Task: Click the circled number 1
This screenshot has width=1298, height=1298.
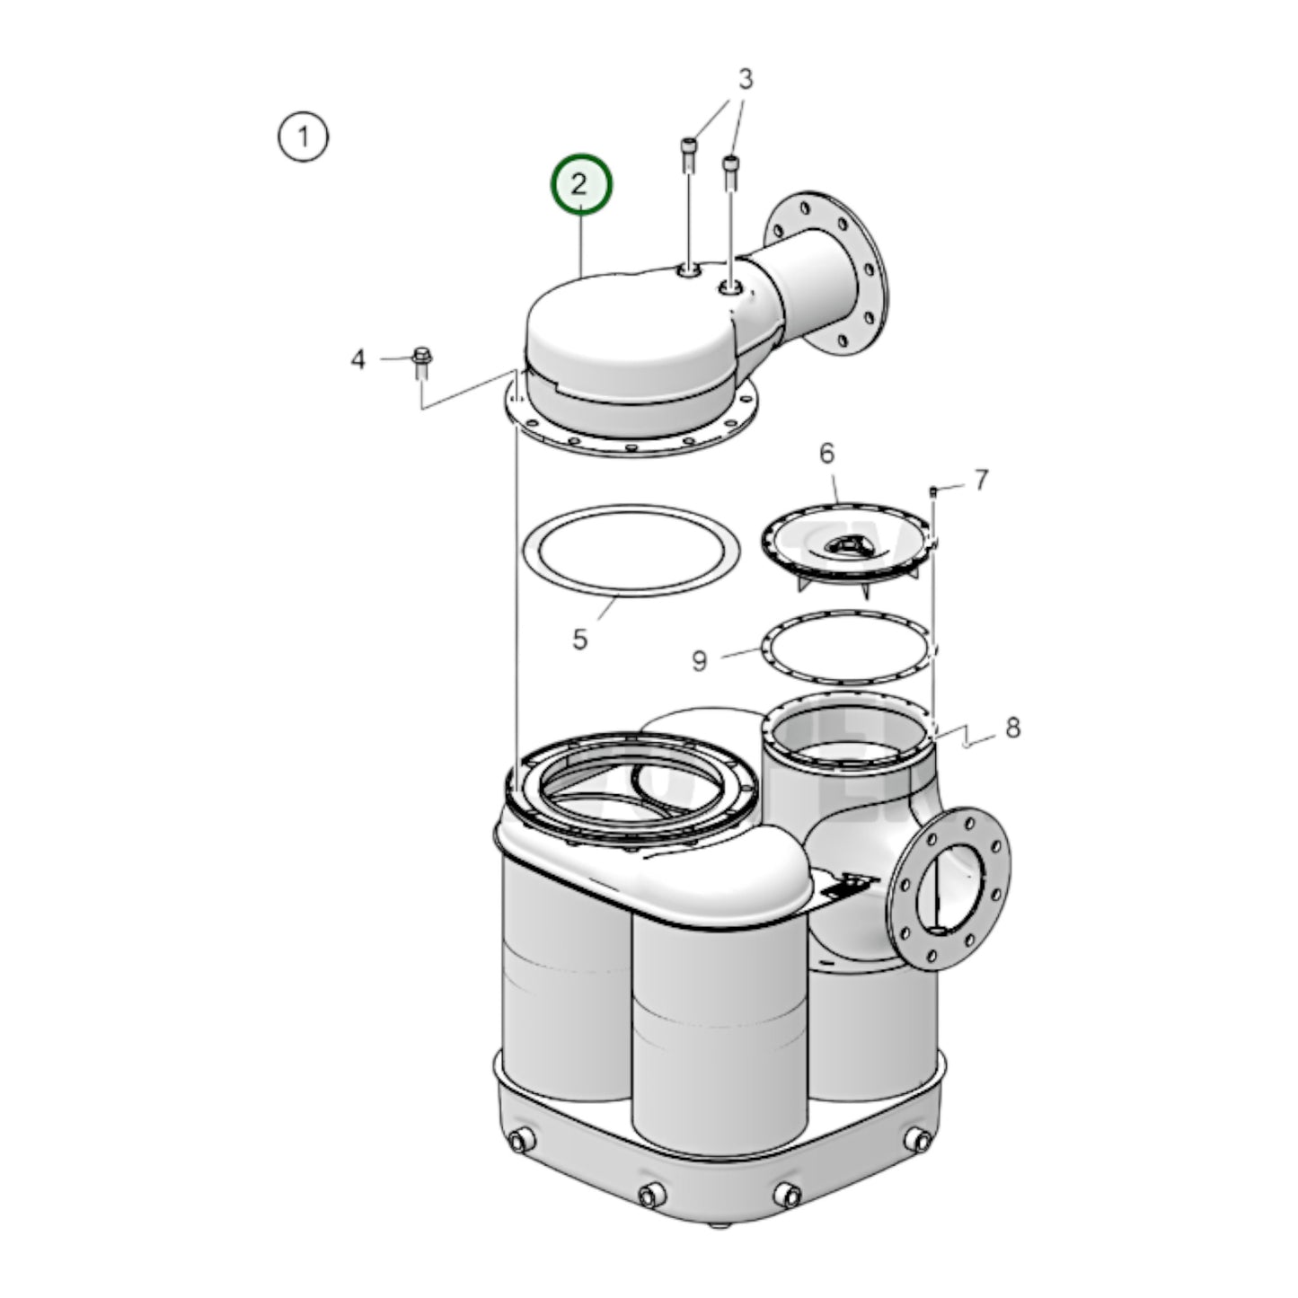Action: click(303, 137)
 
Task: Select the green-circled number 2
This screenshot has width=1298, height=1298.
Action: click(580, 184)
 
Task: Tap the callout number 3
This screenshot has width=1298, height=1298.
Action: click(745, 79)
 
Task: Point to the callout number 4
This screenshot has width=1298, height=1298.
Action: click(358, 359)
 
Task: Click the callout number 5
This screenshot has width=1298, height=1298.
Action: click(580, 640)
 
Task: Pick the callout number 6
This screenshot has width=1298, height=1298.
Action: click(826, 454)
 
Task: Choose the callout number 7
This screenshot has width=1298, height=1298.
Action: click(981, 481)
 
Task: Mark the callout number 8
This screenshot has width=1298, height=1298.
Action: click(1012, 728)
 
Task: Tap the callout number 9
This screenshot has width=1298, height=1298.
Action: click(700, 661)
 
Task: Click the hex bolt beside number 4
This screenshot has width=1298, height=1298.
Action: click(421, 364)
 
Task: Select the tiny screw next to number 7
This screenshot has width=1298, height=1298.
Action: click(933, 491)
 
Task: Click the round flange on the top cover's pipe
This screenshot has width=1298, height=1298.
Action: click(826, 273)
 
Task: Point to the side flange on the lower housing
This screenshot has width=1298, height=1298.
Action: click(949, 889)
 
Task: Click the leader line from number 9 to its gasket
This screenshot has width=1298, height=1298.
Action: click(741, 653)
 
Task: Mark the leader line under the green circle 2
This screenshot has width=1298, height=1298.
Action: click(580, 243)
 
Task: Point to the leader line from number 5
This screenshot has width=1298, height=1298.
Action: click(607, 610)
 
